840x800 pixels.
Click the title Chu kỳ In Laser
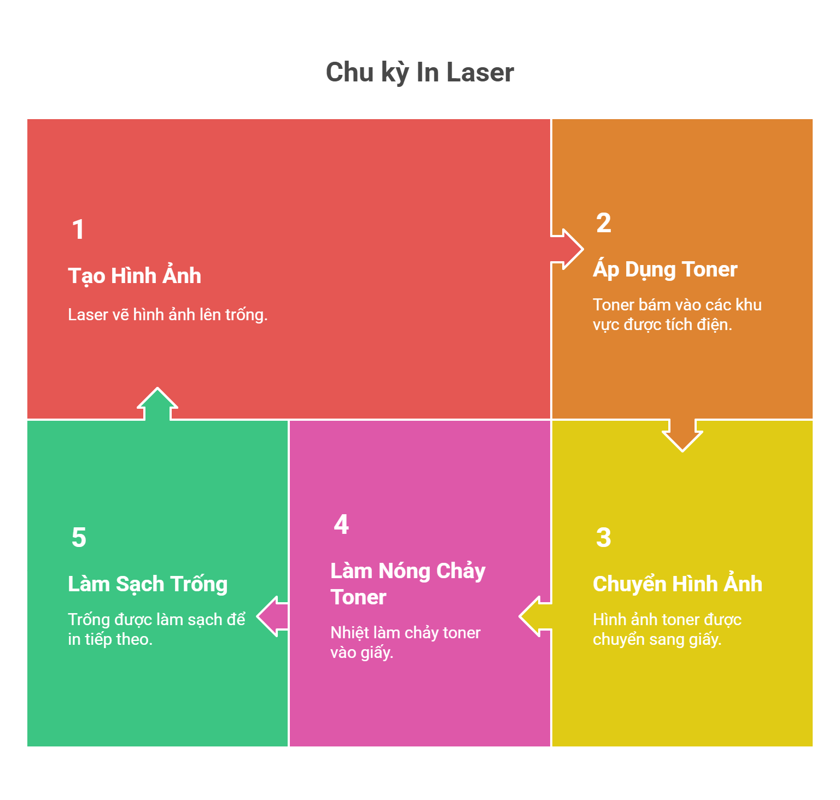419,72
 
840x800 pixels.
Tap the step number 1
78,230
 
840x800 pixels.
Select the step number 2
603,223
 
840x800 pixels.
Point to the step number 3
603,538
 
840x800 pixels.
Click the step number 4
341,525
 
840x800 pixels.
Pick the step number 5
79,538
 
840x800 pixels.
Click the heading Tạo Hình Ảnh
135,276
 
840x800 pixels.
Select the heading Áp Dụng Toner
665,269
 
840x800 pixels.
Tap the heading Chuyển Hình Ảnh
677,584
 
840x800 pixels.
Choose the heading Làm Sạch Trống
148,584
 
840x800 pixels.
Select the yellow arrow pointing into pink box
535,616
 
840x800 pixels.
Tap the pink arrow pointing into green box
272,616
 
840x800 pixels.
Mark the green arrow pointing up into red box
157,404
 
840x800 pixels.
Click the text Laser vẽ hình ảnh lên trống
167,315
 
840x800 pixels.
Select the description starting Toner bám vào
677,315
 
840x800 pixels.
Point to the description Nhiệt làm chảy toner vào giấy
405,643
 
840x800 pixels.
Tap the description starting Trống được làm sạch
156,630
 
